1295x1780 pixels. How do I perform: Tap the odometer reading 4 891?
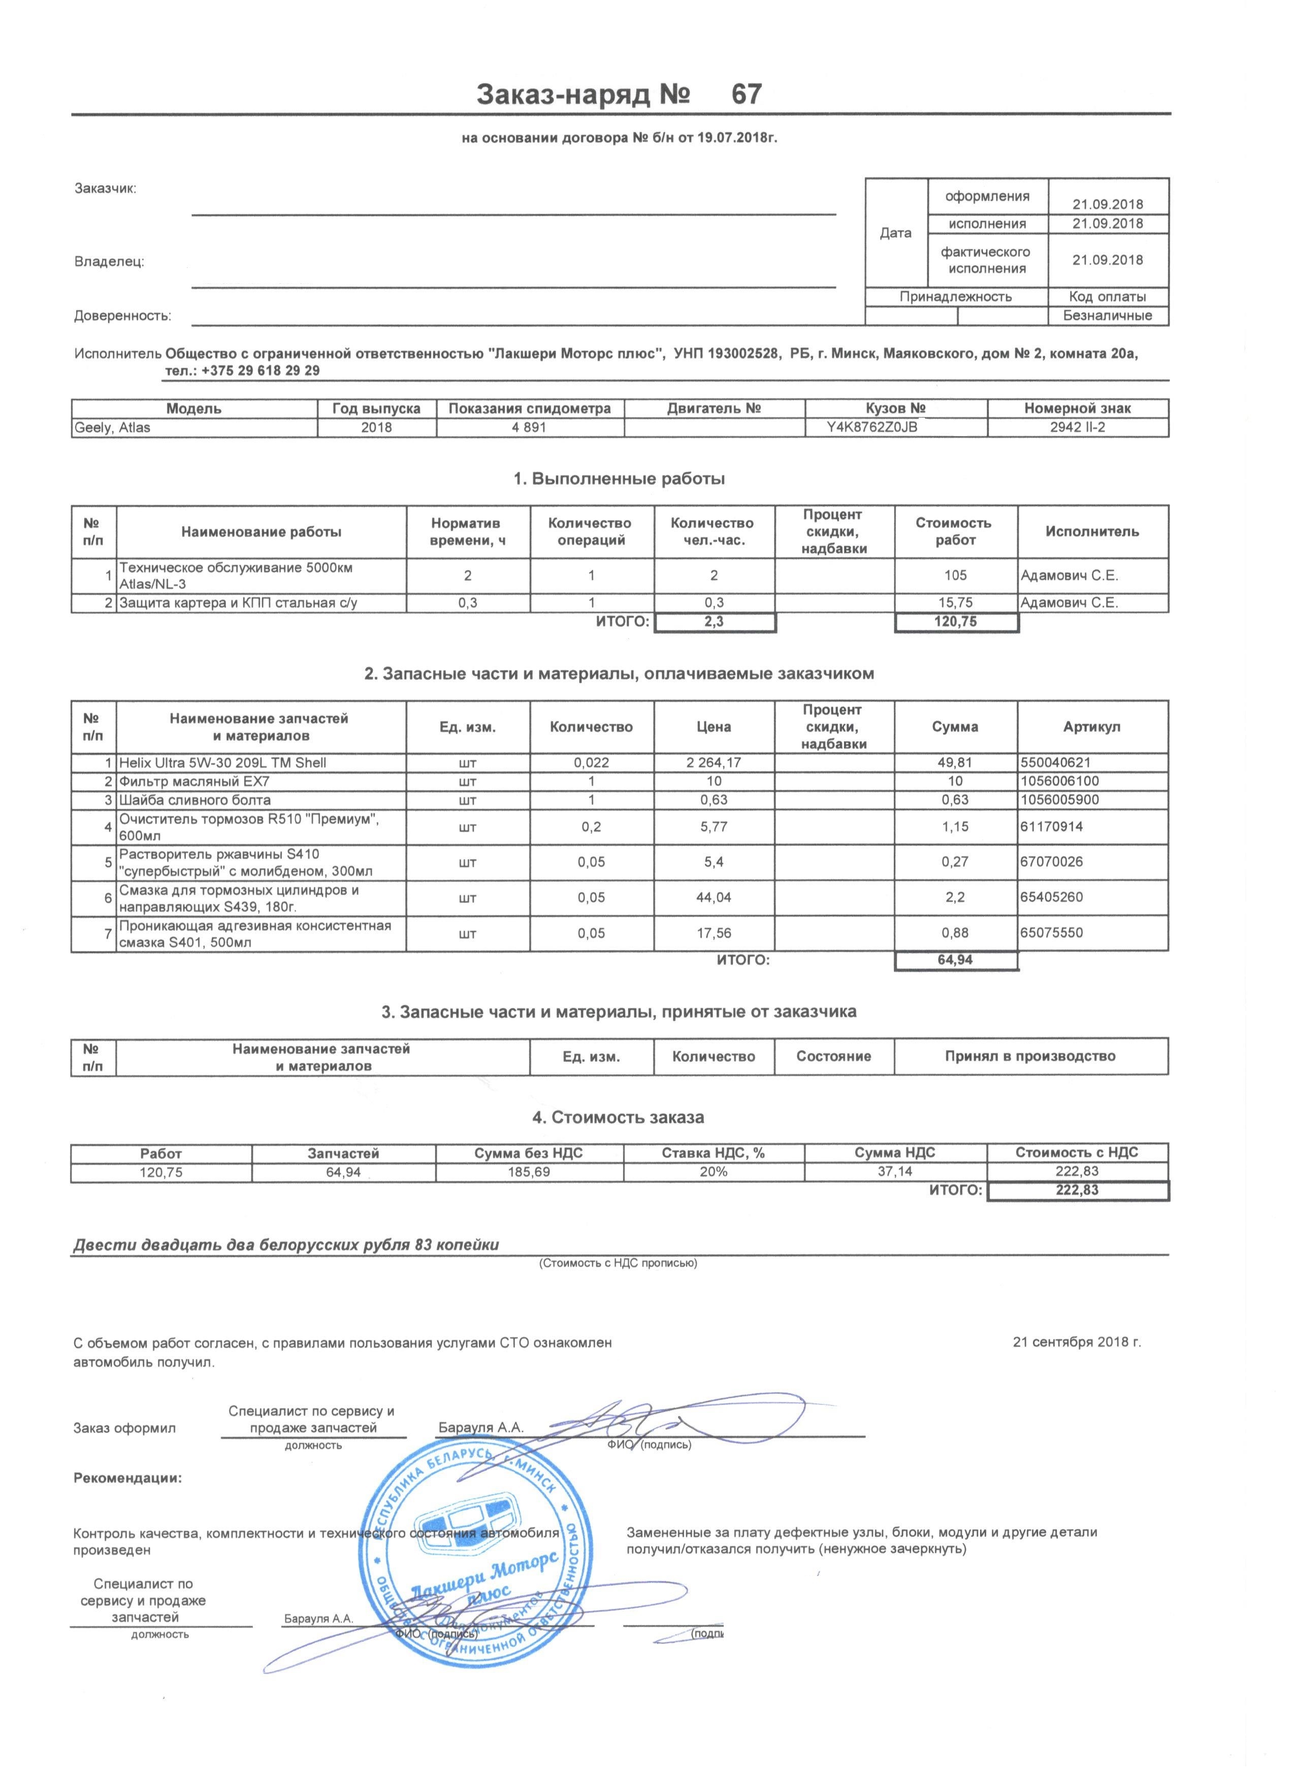(x=530, y=428)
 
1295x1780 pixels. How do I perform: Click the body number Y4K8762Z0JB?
(x=895, y=428)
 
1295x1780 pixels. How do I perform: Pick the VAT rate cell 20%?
(x=714, y=1172)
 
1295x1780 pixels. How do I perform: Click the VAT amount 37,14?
(x=895, y=1172)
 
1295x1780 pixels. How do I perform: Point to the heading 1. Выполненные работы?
(x=619, y=479)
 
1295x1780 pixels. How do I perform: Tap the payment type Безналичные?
(x=1107, y=316)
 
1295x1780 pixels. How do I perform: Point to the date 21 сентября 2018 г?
(x=1077, y=1342)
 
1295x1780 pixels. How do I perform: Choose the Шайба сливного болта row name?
(x=195, y=800)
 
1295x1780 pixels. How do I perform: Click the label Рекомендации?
(x=127, y=1479)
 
